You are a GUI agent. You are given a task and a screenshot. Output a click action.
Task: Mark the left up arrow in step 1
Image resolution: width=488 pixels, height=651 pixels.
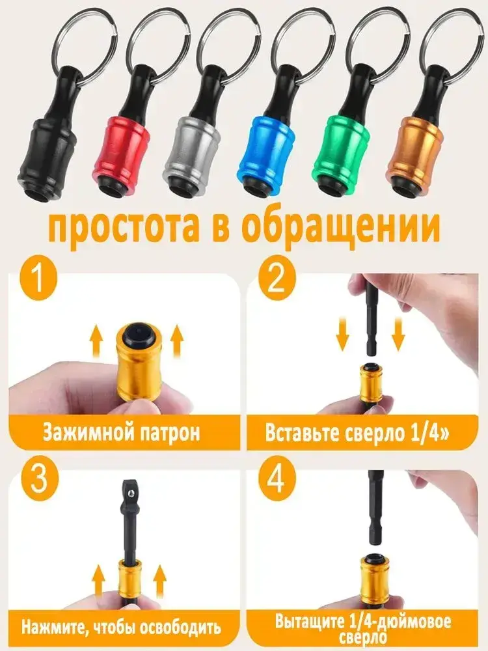96,341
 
